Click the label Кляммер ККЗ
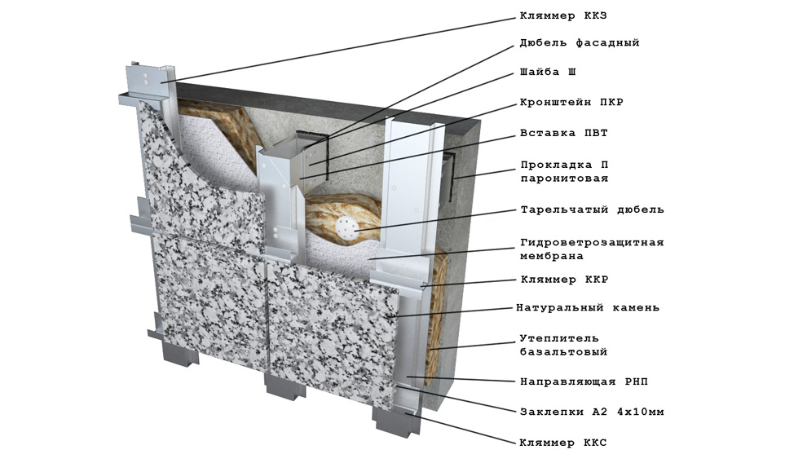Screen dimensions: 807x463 tap(563, 16)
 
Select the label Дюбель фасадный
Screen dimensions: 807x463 tap(580, 43)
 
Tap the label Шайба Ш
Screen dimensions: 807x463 tap(548, 72)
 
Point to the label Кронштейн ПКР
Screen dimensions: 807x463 tap(571, 103)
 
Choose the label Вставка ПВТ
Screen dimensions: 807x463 tap(563, 133)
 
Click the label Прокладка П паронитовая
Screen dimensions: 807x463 tap(564, 172)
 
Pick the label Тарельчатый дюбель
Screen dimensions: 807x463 tap(592, 209)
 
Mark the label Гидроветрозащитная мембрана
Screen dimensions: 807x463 tap(592, 249)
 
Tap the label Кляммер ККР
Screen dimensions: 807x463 tap(564, 280)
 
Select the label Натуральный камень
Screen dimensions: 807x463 tap(588, 308)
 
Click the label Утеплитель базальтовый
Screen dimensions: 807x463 tap(563, 345)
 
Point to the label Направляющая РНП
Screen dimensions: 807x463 tap(584, 381)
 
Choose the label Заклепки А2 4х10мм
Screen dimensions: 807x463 tap(592, 412)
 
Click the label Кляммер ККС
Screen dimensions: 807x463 tap(563, 443)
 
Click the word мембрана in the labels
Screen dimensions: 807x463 tap(552, 256)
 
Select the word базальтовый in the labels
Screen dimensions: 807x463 tap(563, 352)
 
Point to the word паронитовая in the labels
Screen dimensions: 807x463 tap(564, 179)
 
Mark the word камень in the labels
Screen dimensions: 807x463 tap(636, 308)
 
